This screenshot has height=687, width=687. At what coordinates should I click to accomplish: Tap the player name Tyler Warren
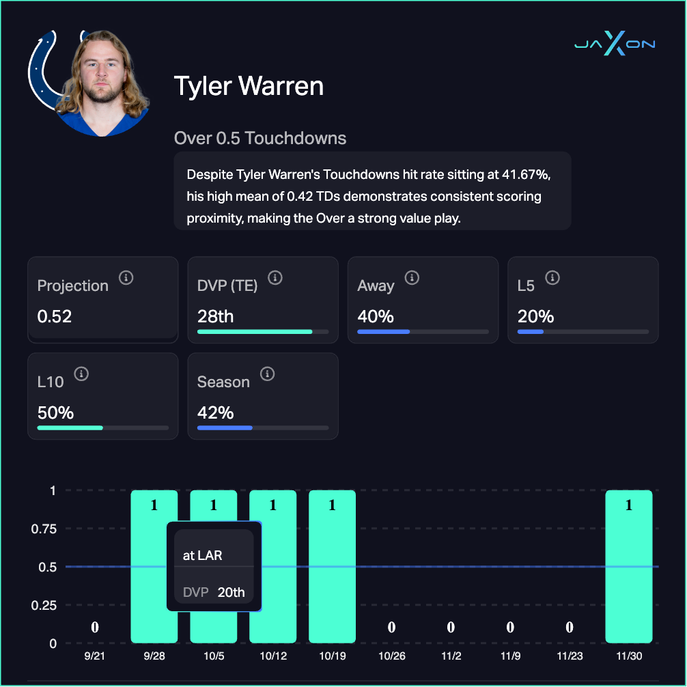[x=249, y=87]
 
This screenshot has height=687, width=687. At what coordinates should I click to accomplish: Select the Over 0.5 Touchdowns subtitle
[x=260, y=139]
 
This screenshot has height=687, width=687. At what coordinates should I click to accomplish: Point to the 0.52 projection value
[x=55, y=317]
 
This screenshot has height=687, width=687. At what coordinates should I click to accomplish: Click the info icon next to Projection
[x=126, y=278]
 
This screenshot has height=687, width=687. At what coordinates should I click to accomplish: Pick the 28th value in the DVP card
[x=215, y=317]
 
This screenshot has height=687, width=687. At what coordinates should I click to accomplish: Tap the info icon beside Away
[x=411, y=278]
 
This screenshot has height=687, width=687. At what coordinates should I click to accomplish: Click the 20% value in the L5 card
[x=535, y=317]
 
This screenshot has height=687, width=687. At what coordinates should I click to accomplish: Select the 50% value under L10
[x=55, y=413]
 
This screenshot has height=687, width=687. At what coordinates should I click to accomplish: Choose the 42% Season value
[x=215, y=413]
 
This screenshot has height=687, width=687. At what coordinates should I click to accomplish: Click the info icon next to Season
[x=268, y=374]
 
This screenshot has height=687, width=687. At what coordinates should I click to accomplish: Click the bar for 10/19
[x=333, y=567]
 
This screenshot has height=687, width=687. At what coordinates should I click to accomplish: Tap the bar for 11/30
[x=629, y=567]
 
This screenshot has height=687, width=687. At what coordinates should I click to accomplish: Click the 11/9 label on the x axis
[x=510, y=656]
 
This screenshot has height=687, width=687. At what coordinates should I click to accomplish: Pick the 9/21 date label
[x=95, y=656]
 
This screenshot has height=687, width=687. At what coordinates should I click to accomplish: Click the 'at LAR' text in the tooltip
[x=203, y=555]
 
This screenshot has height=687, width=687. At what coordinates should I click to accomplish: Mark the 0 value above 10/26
[x=392, y=628]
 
